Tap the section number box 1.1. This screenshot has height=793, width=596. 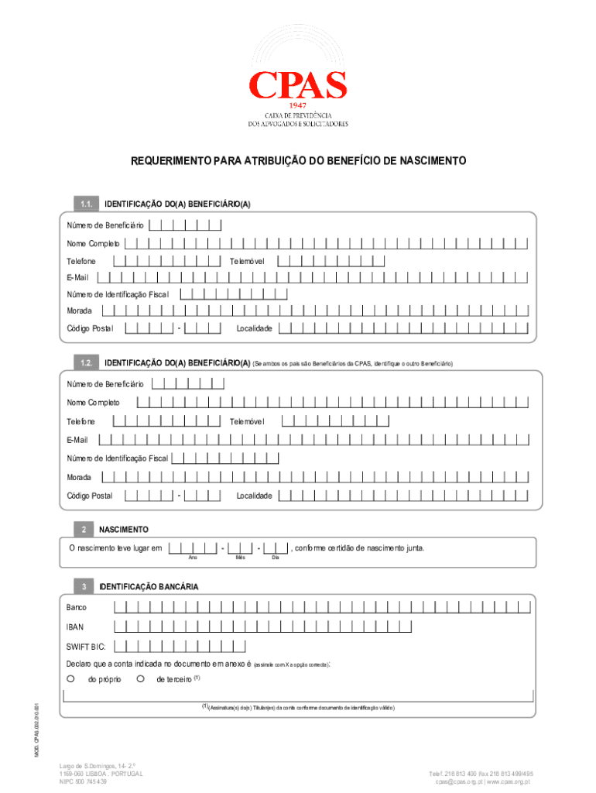[x=85, y=204]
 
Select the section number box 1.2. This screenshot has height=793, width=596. [x=85, y=363]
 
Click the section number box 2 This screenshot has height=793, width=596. [x=83, y=530]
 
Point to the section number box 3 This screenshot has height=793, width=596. [x=83, y=587]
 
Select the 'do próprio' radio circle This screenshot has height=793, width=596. [x=70, y=678]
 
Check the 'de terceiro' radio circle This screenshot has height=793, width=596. [x=139, y=678]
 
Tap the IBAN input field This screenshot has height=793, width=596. [x=320, y=627]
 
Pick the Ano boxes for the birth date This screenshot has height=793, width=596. [x=193, y=548]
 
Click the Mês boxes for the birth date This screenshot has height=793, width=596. [x=240, y=548]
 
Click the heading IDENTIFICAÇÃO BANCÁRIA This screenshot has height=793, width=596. [x=149, y=587]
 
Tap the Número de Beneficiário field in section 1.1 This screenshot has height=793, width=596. [x=185, y=225]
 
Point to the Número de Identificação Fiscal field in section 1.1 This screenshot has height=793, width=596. [x=233, y=294]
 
